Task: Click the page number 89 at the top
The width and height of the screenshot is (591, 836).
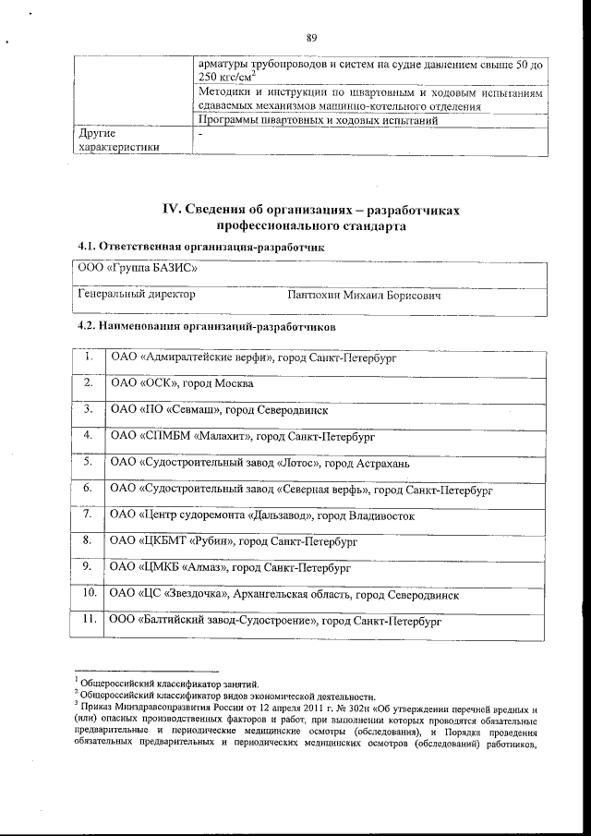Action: click(x=311, y=38)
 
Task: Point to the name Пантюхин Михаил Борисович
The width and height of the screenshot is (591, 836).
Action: click(x=364, y=296)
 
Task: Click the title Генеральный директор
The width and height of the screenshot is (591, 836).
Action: click(x=137, y=295)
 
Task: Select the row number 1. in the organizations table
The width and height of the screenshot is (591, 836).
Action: click(x=88, y=356)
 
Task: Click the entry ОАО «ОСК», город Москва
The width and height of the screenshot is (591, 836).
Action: click(x=181, y=382)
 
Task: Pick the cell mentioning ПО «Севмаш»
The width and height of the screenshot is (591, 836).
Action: click(x=219, y=408)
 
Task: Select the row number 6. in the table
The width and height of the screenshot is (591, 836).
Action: click(x=88, y=487)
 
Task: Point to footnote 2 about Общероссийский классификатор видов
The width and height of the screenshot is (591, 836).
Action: click(x=225, y=697)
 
